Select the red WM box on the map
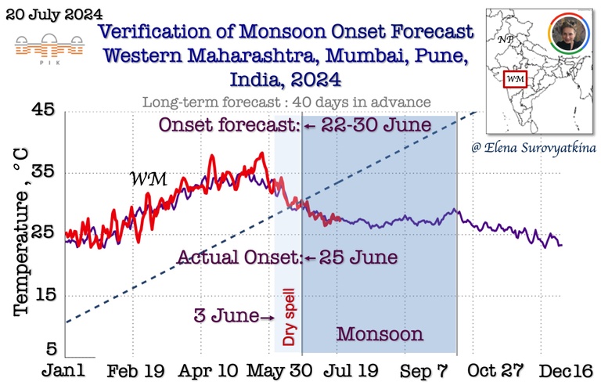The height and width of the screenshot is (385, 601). [514, 78]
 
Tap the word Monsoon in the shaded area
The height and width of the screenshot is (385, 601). [380, 334]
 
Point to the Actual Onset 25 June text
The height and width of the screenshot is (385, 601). [286, 257]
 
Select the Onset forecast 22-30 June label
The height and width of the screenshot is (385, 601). [295, 125]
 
